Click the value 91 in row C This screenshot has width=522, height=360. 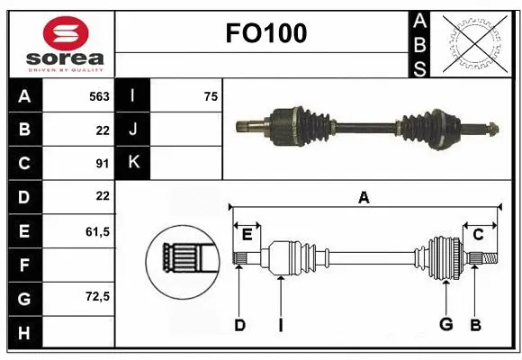pos(102,163)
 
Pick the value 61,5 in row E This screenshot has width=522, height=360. pos(97,231)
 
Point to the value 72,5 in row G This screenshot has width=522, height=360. pos(97,296)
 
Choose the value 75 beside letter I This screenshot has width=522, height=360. pos(211,96)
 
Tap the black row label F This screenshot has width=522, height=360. pos(23,265)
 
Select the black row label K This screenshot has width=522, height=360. pos(133,163)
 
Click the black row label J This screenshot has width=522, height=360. pos(133,130)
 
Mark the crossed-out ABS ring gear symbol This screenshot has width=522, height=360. pos(475,43)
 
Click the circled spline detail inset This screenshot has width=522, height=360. pos(182,259)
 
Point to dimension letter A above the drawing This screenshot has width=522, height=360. pos(364,197)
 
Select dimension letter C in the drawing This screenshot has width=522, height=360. pos(478,234)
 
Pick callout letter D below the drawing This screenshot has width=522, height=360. pos(239,325)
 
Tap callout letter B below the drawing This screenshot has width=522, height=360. pos(476,325)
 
